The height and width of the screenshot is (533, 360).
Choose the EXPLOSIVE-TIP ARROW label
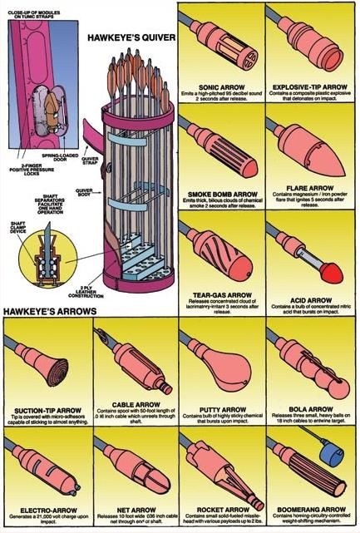pyautogui.click(x=311, y=85)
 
